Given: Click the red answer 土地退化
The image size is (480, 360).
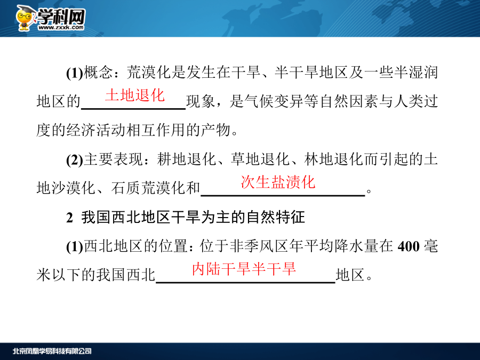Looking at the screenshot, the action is click(135, 95).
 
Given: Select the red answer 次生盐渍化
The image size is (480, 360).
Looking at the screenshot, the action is click(278, 182).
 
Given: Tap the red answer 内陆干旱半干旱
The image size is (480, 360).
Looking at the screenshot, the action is click(244, 269).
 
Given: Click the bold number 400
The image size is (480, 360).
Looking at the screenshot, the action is click(409, 246).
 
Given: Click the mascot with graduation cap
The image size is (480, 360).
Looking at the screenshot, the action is click(25, 18).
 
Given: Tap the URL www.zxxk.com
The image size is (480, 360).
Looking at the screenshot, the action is click(61, 28).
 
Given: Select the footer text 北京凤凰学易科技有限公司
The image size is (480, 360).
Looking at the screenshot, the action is click(52, 351).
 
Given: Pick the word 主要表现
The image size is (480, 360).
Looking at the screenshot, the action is click(113, 159).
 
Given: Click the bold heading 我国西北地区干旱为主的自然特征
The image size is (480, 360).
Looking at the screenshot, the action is click(193, 218).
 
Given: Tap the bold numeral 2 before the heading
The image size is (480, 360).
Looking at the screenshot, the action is click(69, 218).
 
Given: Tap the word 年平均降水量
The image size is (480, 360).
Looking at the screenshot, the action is click(333, 246).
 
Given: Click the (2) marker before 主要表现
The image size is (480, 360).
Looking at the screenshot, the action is click(74, 160).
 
